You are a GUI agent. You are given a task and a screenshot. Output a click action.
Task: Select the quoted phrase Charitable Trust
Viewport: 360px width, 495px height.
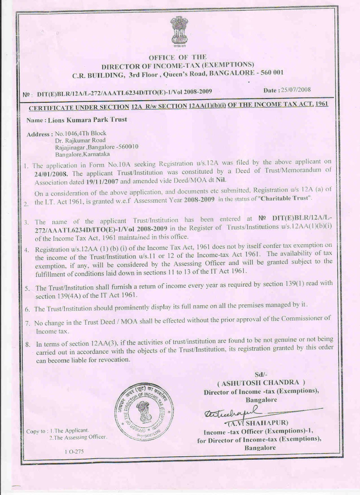pos(285,199)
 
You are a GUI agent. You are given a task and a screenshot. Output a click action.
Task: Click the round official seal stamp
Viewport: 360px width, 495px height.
pos(144,409)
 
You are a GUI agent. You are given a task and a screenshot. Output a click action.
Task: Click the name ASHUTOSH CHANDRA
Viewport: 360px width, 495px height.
pos(261,383)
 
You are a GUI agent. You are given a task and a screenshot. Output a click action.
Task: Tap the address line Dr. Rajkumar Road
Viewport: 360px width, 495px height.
pos(80,140)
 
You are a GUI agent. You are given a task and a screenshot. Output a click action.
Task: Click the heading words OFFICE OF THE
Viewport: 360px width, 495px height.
pos(177,57)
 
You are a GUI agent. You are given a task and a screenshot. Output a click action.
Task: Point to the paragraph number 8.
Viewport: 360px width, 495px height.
pos(27,344)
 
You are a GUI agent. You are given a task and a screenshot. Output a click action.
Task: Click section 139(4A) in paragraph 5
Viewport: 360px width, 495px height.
pos(64,296)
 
